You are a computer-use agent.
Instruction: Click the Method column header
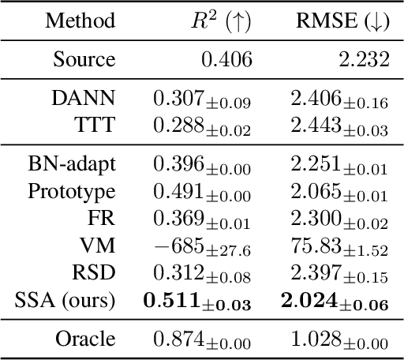(x=80, y=21)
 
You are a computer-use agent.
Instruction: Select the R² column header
(x=218, y=21)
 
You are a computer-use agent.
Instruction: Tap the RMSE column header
(x=341, y=21)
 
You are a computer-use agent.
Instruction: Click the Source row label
(x=84, y=60)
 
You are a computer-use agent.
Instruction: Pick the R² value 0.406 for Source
(x=228, y=60)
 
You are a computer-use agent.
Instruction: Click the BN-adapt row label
(x=71, y=163)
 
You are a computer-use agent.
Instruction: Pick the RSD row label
(x=97, y=272)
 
